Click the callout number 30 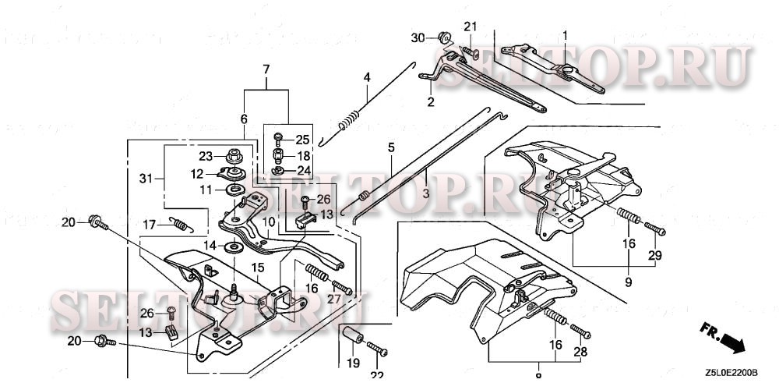(418, 37)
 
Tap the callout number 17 (149, 225)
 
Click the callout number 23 (205, 155)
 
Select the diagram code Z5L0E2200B (731, 373)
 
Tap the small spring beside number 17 (181, 225)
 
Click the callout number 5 (391, 147)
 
